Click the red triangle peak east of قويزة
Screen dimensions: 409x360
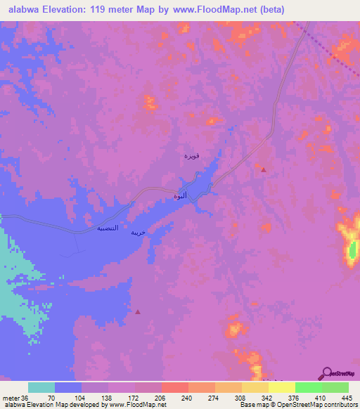[x=263, y=169]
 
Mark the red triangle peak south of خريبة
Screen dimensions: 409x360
[x=138, y=311]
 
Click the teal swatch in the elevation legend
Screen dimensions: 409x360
[x=41, y=387]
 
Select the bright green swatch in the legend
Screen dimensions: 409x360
[x=309, y=387]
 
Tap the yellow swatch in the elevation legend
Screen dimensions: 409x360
[x=282, y=387]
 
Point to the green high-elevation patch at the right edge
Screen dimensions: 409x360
[x=354, y=249]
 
